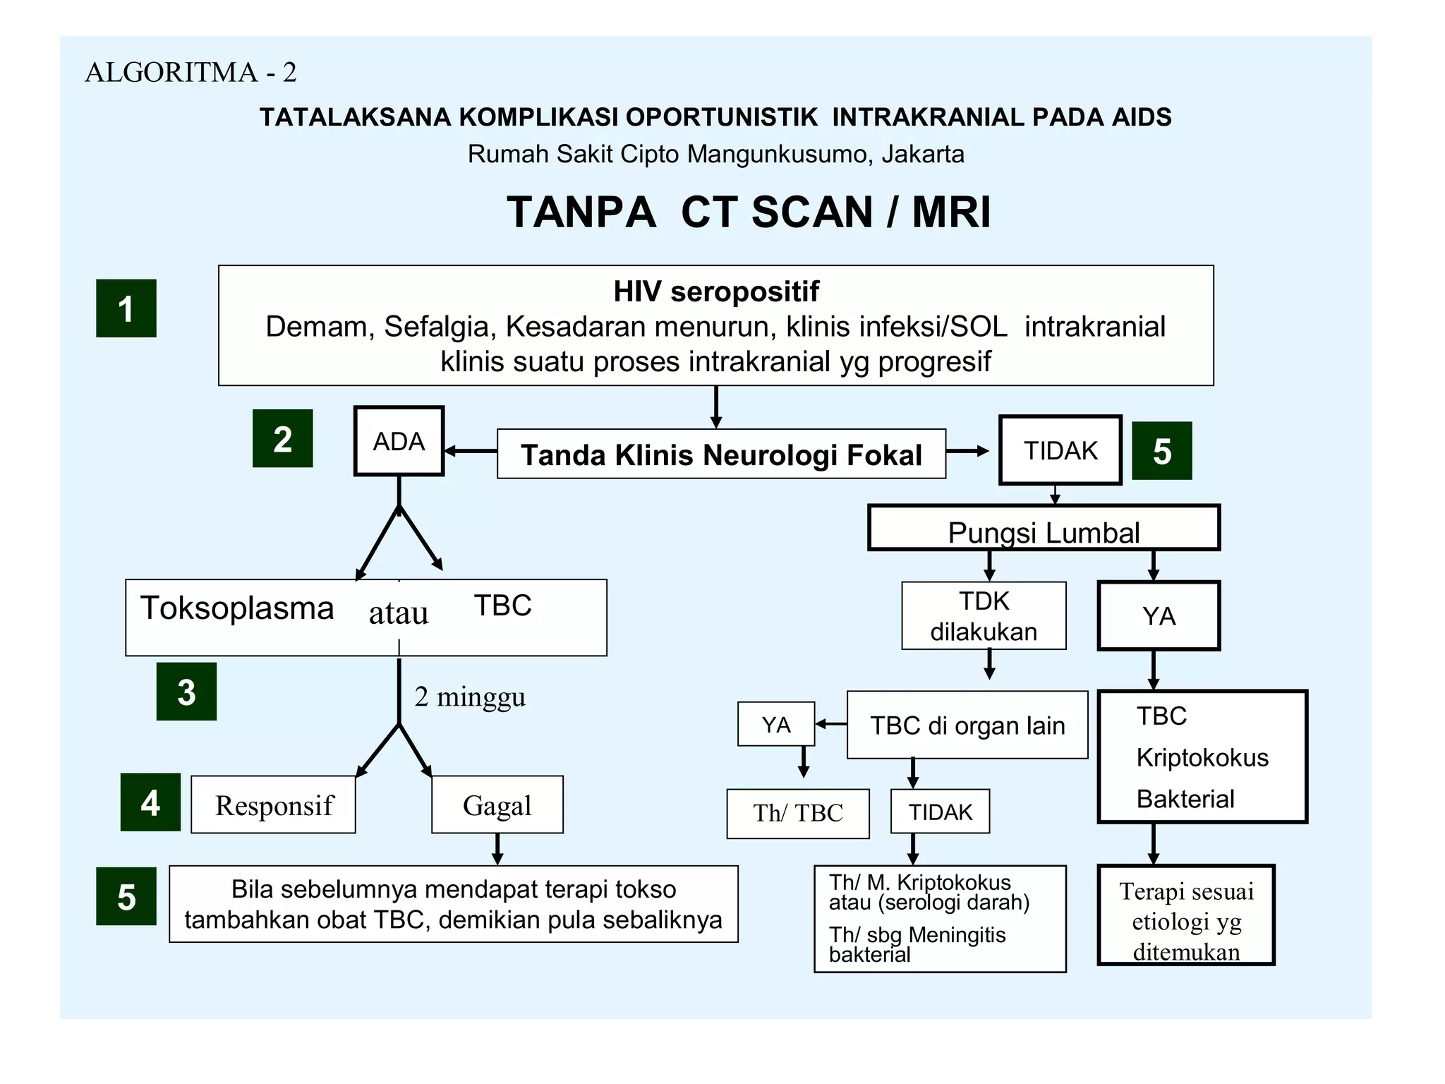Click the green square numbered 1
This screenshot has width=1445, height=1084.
click(x=126, y=308)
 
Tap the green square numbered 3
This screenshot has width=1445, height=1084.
click(x=186, y=692)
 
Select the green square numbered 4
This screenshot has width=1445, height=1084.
click(x=150, y=802)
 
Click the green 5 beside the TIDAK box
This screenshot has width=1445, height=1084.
click(x=1161, y=451)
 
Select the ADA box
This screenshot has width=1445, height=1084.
click(x=399, y=442)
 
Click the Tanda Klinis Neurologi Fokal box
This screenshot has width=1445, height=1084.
click(x=721, y=454)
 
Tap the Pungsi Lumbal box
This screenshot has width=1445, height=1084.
click(x=1044, y=529)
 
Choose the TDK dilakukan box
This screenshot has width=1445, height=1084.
click(x=984, y=616)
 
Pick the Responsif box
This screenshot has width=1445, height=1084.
click(x=274, y=805)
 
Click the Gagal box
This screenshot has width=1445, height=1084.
click(x=497, y=805)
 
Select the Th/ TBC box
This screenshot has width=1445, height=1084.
click(x=798, y=813)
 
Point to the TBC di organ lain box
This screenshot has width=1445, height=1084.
click(x=967, y=725)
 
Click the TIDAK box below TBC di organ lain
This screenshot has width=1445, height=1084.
click(x=941, y=812)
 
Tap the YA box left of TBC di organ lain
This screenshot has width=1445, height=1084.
click(x=776, y=725)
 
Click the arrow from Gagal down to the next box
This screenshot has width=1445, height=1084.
click(x=497, y=849)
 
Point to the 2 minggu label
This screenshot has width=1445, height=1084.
click(x=470, y=697)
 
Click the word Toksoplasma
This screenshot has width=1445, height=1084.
click(x=237, y=608)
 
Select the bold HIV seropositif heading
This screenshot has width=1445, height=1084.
click(x=716, y=291)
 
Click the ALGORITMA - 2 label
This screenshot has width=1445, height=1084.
click(x=191, y=72)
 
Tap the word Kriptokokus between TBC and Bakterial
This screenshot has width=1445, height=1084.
click(x=1202, y=757)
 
